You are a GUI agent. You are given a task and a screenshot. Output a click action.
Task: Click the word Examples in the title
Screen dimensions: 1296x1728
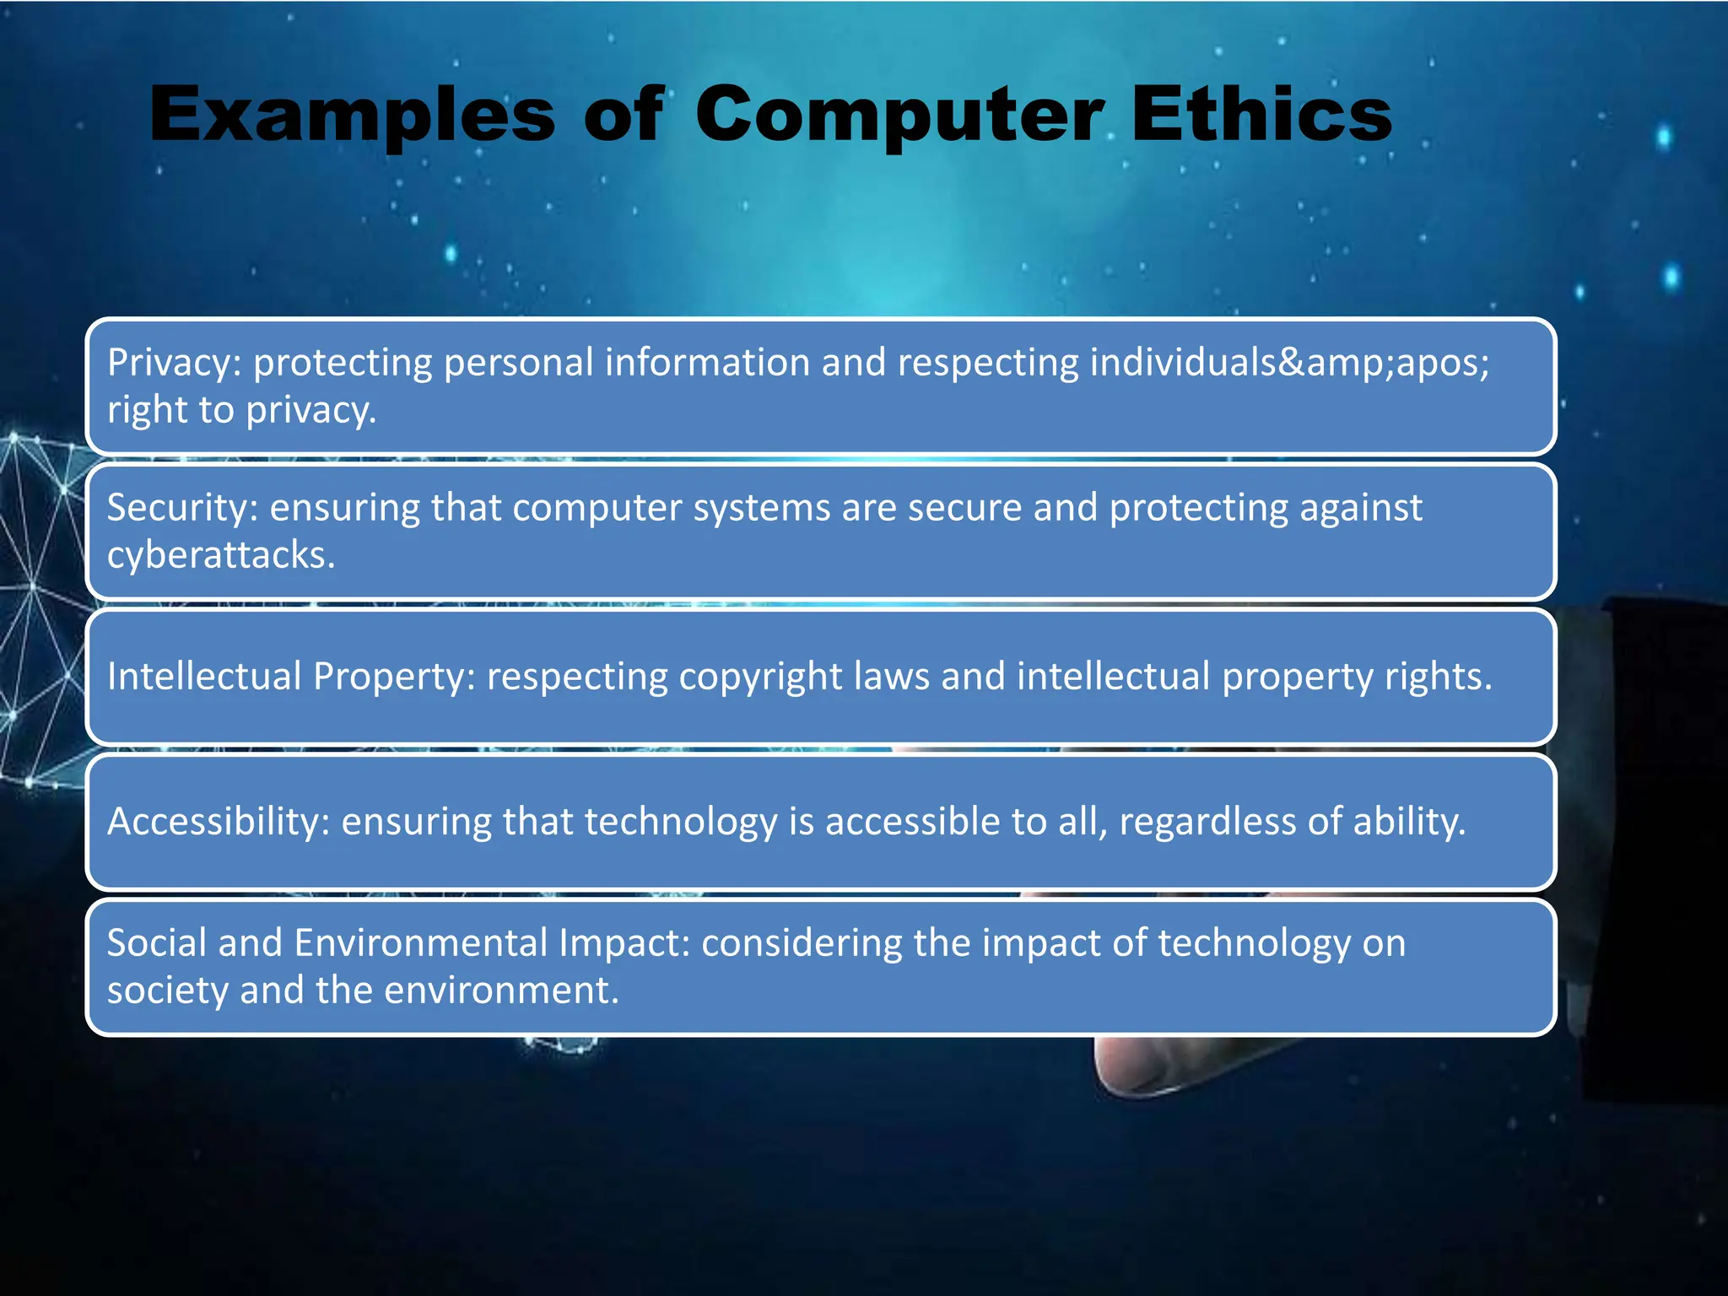[x=352, y=116]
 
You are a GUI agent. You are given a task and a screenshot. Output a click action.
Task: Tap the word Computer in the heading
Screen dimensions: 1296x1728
[x=899, y=116]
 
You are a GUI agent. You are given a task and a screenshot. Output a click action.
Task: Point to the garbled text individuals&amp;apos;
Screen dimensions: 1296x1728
[x=1289, y=364]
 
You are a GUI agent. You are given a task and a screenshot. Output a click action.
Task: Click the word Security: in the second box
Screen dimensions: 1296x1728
[x=182, y=508]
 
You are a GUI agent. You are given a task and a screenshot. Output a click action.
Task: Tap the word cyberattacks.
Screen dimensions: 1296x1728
[x=221, y=555]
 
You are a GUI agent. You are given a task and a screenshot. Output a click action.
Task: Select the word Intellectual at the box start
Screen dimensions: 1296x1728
[x=204, y=677]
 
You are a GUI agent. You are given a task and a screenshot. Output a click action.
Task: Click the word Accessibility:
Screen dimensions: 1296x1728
[x=219, y=822]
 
